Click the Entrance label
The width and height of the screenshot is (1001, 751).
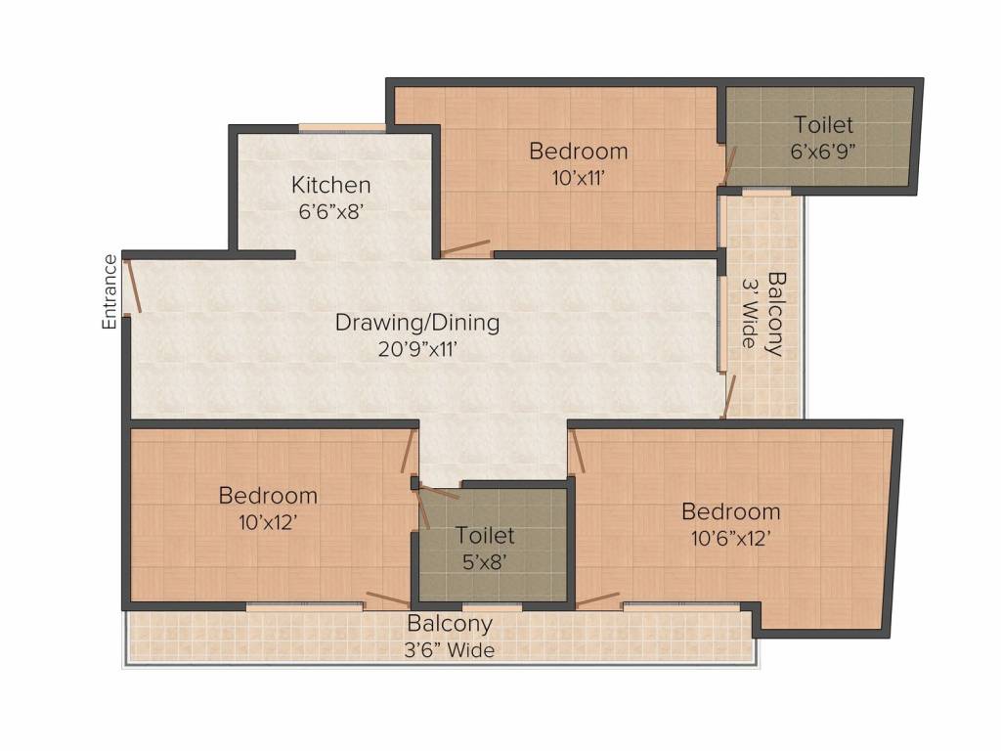[x=109, y=291]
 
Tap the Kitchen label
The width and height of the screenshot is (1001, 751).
[x=330, y=185]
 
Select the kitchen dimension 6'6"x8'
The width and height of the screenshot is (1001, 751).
[x=330, y=211]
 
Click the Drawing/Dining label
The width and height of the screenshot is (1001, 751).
[x=417, y=323]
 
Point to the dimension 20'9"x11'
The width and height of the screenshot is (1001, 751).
[x=417, y=349]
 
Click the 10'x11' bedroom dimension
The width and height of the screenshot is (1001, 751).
[x=579, y=178]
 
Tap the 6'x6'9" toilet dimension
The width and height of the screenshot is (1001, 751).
[x=823, y=152]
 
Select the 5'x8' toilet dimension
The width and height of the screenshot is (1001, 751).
[x=485, y=562]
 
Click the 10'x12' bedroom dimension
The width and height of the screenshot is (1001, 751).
[x=268, y=522]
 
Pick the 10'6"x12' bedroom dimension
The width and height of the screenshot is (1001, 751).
[x=731, y=539]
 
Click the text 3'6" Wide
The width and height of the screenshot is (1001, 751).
[x=450, y=650]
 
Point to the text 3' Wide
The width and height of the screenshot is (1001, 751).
[x=750, y=312]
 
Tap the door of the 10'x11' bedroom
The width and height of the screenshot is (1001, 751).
[x=465, y=247]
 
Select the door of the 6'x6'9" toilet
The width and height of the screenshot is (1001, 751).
[x=729, y=164]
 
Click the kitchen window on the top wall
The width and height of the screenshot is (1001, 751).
[x=342, y=128]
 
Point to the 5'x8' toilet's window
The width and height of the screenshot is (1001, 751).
[x=492, y=605]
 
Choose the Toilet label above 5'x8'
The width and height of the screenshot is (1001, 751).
[x=485, y=535]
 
